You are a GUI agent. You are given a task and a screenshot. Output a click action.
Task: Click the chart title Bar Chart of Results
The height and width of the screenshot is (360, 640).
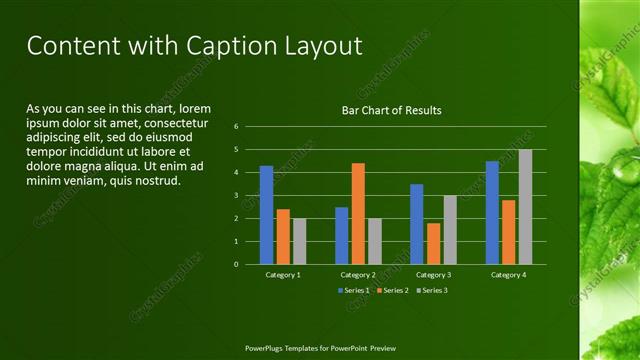tap(391, 110)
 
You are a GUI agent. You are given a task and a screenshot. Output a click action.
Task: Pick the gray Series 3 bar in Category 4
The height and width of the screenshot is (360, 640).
tap(525, 207)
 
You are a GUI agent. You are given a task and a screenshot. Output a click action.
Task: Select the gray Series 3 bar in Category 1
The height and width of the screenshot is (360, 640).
tap(299, 241)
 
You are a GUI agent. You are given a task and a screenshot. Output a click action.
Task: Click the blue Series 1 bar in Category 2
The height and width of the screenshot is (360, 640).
tap(342, 235)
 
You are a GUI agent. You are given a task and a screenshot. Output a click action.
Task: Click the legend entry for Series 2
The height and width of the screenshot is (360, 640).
tap(393, 290)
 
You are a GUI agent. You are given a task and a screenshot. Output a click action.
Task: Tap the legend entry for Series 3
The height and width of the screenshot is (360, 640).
tap(430, 290)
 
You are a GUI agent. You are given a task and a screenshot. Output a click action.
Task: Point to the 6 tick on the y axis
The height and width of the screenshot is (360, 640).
tap(236, 127)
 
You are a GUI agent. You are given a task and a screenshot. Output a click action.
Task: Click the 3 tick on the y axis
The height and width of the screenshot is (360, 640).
tap(236, 195)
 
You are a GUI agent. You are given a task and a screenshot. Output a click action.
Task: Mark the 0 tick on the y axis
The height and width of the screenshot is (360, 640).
tap(236, 264)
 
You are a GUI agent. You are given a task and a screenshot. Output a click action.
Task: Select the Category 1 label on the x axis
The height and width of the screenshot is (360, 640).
tap(283, 274)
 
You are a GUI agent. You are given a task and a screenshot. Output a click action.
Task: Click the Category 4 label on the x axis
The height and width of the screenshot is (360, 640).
tap(508, 274)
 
